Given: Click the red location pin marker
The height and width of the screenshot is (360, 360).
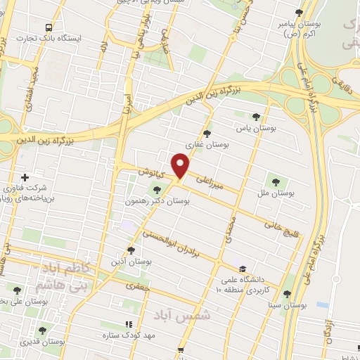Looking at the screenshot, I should coord(181,167).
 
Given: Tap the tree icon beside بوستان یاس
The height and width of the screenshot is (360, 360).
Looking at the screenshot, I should coord(256,117).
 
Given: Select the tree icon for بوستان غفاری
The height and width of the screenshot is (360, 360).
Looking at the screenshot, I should coord(206,132).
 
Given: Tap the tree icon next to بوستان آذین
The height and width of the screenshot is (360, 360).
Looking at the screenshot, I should coord(131,250).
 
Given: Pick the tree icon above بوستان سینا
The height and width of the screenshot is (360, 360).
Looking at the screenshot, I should coord(287,295).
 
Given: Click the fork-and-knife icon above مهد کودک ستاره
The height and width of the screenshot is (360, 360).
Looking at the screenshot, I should coord(128,325).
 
